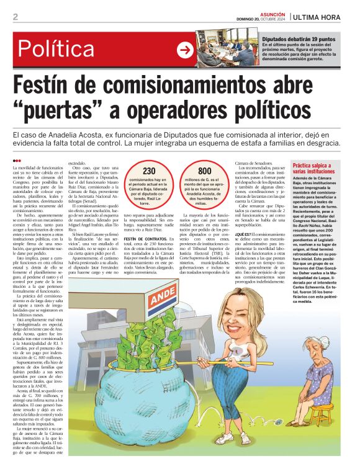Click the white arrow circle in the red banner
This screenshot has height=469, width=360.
[x=185, y=50]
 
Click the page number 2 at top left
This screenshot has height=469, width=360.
[x=15, y=17]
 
